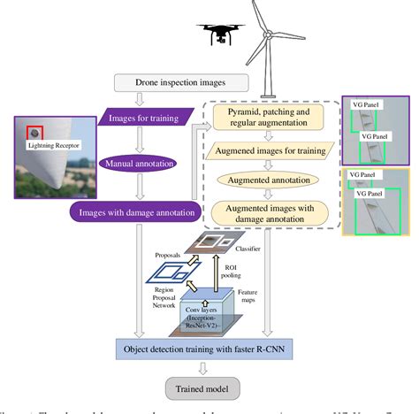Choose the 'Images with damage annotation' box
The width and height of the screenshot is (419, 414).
(133, 211)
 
